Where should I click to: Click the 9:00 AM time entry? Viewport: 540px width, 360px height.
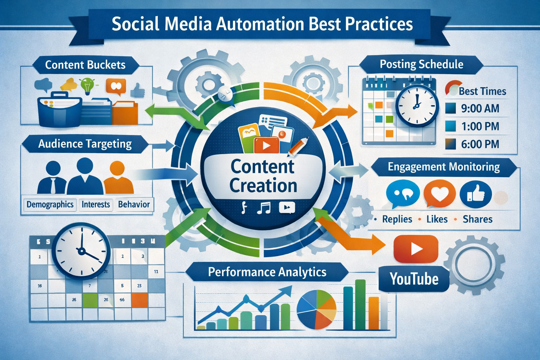(x=480, y=108)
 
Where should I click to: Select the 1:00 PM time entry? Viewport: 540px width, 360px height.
(x=480, y=126)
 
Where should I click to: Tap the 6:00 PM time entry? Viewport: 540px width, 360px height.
(x=480, y=144)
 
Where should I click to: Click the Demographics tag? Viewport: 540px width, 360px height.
(x=50, y=204)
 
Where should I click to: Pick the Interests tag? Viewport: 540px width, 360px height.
(x=96, y=204)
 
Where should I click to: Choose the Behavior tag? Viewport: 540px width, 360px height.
(x=134, y=204)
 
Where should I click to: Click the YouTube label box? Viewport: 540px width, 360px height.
(x=414, y=279)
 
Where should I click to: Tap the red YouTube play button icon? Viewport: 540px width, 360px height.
(x=416, y=249)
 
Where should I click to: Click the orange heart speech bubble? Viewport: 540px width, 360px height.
(x=439, y=193)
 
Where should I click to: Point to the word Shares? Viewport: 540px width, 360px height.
(x=477, y=219)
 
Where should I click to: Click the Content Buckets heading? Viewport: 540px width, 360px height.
(x=85, y=65)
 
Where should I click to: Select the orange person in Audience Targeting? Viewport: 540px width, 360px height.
(x=118, y=178)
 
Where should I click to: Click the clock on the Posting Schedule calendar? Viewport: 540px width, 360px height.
(x=417, y=105)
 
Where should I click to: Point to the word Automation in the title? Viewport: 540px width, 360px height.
(x=260, y=24)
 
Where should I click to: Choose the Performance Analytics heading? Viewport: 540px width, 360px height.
(x=267, y=272)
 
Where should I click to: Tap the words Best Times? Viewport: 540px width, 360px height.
(x=482, y=91)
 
